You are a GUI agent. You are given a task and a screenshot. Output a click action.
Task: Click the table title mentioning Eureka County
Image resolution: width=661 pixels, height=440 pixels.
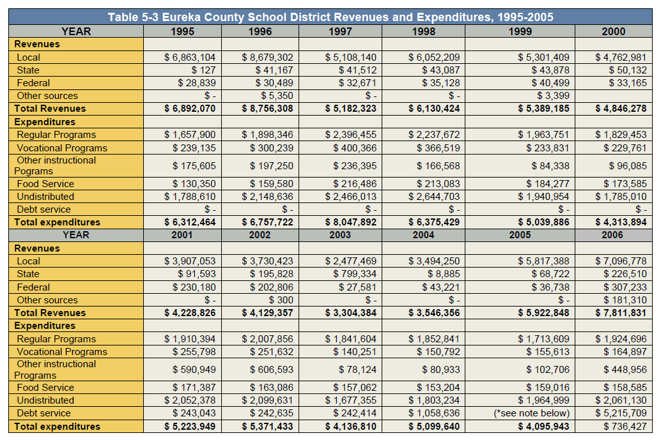pyautogui.click(x=330, y=17)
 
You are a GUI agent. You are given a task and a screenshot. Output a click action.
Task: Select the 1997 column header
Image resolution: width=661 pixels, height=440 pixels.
pyautogui.click(x=340, y=31)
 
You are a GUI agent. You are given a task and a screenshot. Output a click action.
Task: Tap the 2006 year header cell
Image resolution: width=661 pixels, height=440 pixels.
pyautogui.click(x=612, y=235)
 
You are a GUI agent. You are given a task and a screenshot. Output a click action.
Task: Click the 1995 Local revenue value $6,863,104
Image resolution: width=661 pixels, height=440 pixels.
pyautogui.click(x=190, y=57)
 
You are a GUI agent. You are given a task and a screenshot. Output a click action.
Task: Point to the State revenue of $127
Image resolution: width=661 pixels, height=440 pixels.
pyautogui.click(x=204, y=70)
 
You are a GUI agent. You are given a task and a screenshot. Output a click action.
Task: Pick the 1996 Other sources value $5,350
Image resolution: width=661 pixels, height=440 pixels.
pyautogui.click(x=277, y=96)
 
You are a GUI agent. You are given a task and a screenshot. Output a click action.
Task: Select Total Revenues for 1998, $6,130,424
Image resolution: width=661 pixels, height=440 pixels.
pyautogui.click(x=434, y=109)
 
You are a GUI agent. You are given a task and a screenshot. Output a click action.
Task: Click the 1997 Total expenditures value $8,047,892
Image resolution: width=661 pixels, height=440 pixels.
pyautogui.click(x=351, y=222)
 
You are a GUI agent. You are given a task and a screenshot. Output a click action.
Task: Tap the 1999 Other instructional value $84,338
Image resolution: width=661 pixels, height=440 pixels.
pyautogui.click(x=550, y=166)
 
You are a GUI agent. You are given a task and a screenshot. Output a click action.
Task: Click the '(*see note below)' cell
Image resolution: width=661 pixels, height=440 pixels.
pyautogui.click(x=532, y=413)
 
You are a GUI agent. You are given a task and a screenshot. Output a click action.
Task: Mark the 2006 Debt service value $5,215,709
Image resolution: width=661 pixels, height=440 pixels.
pyautogui.click(x=621, y=413)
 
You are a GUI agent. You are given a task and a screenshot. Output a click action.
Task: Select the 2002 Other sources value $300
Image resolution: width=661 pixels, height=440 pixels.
pyautogui.click(x=281, y=300)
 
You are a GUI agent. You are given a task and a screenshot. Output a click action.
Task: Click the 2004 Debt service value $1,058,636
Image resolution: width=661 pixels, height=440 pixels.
pyautogui.click(x=434, y=413)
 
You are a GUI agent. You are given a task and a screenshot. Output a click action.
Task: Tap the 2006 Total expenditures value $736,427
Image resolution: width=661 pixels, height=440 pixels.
pyautogui.click(x=625, y=427)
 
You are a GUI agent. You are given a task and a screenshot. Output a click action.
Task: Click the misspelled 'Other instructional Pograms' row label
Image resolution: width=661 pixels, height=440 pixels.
pyautogui.click(x=55, y=166)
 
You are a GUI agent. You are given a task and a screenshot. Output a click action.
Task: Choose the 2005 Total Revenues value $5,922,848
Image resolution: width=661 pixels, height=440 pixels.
pyautogui.click(x=544, y=313)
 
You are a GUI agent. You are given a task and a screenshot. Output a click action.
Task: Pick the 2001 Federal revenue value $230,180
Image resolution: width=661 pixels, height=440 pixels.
pyautogui.click(x=194, y=287)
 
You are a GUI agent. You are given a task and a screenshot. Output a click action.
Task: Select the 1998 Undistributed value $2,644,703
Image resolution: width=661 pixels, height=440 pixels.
pyautogui.click(x=434, y=197)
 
